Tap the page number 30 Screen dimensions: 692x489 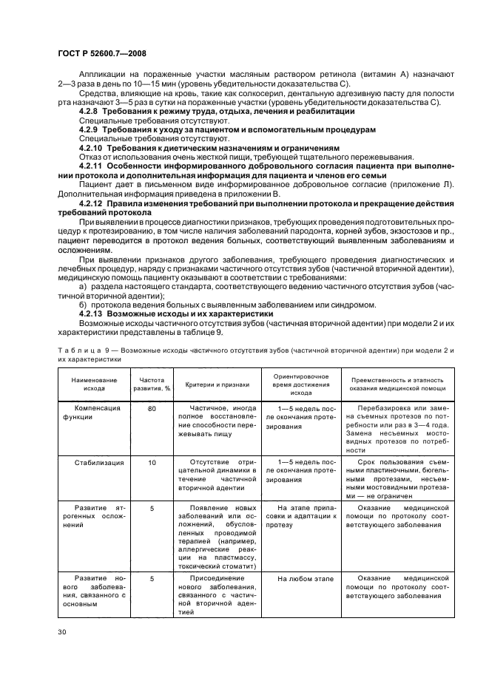62,631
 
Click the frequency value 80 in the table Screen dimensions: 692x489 152,409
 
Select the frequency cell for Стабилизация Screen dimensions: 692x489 152,462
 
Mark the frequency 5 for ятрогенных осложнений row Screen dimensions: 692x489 152,509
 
